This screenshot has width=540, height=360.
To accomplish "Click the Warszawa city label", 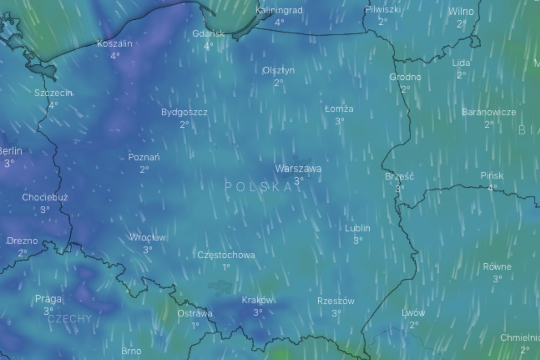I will [x=298, y=169].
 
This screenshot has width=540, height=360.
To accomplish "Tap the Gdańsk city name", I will [x=209, y=34].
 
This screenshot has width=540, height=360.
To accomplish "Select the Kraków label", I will [x=257, y=300].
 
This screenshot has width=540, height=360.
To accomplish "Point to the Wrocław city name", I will [x=148, y=237].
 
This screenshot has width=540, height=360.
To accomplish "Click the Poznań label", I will [x=144, y=157].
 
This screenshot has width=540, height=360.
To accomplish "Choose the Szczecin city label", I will [x=53, y=93].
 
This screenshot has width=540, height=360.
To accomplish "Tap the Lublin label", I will [x=357, y=228].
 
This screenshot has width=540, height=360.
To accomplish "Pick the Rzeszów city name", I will [x=336, y=301].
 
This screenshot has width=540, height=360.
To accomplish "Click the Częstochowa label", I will [x=226, y=255].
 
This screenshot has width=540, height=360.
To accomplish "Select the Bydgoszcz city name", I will [x=184, y=112].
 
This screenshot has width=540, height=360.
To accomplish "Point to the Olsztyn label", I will [x=278, y=70].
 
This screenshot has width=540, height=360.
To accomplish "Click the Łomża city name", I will [x=339, y=109].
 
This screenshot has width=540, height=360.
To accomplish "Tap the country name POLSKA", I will [x=258, y=187].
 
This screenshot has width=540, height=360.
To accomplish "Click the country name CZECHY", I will [x=70, y=319].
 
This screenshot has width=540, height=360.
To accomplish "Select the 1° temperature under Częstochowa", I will [x=226, y=267].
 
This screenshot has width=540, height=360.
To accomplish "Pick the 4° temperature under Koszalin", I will [x=115, y=56].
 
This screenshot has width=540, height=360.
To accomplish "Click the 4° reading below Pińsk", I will [x=492, y=188].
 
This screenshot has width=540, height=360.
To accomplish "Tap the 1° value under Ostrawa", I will [x=195, y=325].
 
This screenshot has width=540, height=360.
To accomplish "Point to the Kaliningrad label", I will [x=279, y=10].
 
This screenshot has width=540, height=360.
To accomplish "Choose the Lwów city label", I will [x=413, y=313].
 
